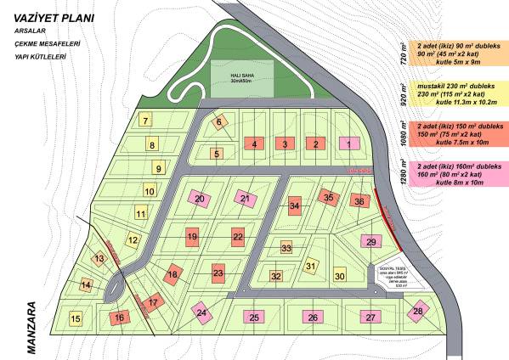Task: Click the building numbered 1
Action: coord(348,144)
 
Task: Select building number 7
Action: coord(146,121)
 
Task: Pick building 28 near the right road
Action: coord(417,312)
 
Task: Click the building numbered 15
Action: coord(76,318)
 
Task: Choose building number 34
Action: coord(294,205)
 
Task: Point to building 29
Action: coord(370,242)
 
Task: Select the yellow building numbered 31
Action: coord(311,267)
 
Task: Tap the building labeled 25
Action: coord(254,317)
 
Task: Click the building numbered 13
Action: coord(99,258)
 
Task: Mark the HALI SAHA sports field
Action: coord(242,82)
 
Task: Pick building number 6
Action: coord(219,122)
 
